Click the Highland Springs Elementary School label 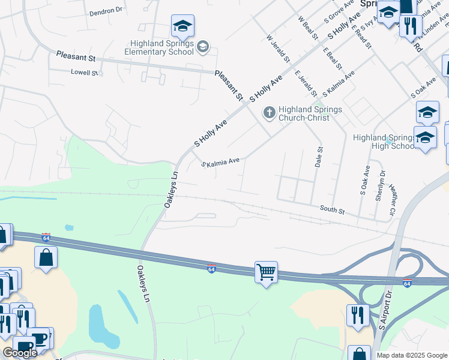[163, 47]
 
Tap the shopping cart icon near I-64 [266, 272]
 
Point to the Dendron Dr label [106, 11]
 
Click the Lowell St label [84, 73]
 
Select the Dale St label [319, 157]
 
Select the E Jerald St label [306, 83]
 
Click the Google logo [19, 353]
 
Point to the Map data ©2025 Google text [411, 355]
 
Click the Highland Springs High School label [384, 142]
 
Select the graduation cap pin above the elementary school [182, 25]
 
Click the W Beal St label [308, 28]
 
